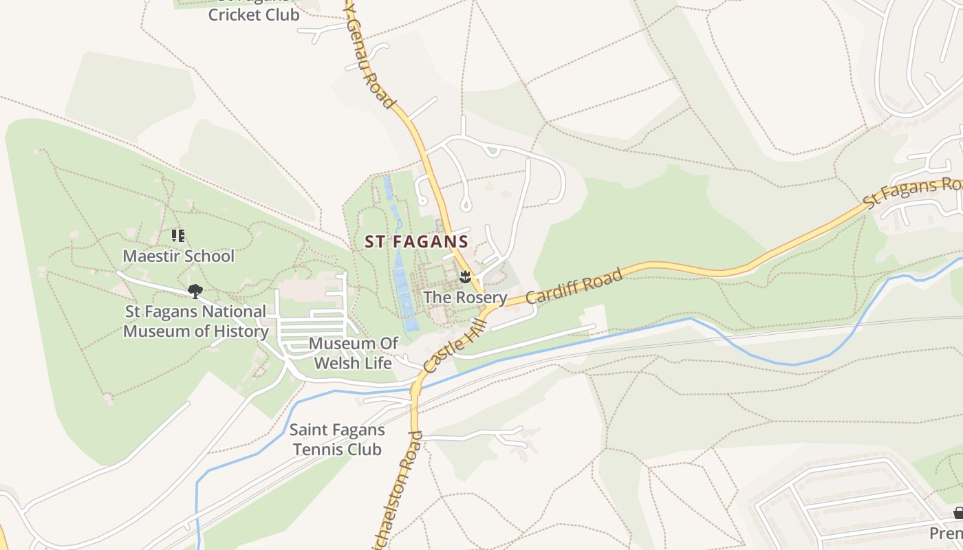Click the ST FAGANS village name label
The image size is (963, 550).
(416, 242)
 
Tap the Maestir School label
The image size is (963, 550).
(178, 256)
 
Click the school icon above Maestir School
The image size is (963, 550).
(179, 236)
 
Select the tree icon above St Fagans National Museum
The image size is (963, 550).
(195, 291)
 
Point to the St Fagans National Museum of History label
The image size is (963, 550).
(195, 321)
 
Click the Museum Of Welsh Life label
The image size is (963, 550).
(353, 353)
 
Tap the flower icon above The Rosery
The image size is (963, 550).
(465, 278)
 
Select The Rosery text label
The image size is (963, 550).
(465, 298)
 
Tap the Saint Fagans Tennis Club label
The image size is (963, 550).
(336, 440)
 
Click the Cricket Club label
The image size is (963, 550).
(254, 14)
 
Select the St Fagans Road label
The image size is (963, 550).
(911, 193)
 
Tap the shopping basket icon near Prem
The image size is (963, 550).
(958, 513)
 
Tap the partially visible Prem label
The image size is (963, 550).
(946, 533)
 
